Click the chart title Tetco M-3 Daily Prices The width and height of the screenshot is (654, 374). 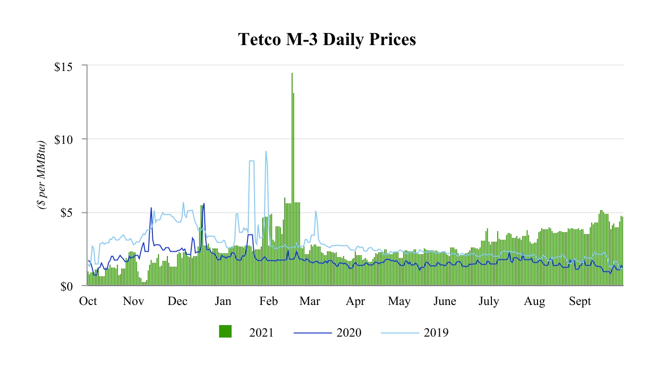coord(327,40)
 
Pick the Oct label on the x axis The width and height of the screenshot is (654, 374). coord(88,301)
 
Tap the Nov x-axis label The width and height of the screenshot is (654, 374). coord(133,301)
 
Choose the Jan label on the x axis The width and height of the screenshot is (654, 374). coord(223,301)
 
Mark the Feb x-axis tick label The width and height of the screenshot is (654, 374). coord(268,301)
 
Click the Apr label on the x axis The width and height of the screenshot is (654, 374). coord(355,301)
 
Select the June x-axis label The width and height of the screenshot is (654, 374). coord(444,301)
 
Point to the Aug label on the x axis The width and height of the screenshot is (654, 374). coord(534,301)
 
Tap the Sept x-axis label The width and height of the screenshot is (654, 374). coord(580,301)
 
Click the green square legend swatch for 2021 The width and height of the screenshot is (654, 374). coord(225,332)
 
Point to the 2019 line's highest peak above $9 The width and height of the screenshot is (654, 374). coord(266,152)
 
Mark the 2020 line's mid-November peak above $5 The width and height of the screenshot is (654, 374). coord(151,208)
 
